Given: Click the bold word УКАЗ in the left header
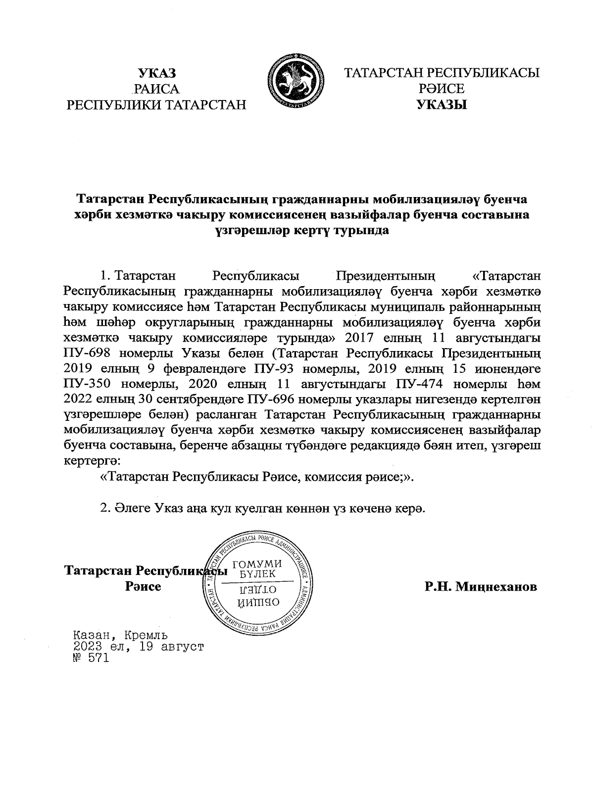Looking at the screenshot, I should pos(156,74).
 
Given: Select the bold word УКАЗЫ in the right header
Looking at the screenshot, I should pos(442,104).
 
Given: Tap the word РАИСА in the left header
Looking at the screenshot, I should pos(156,89).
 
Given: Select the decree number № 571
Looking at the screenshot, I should pos(90,658).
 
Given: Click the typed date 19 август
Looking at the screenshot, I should pos(171,646).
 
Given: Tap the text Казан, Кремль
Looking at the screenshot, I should pos(120,634).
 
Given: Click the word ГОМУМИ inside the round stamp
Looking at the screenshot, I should pos(257,564).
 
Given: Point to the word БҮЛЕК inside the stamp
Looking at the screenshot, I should pos(257,574).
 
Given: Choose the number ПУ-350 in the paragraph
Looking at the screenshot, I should pos(90,384).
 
